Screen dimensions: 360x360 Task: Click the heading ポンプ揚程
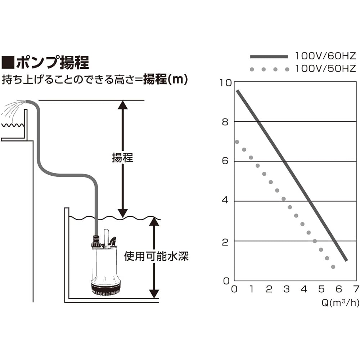52,63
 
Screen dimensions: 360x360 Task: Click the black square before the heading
8,63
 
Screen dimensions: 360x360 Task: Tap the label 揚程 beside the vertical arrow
122,158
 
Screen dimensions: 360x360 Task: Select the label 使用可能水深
156,256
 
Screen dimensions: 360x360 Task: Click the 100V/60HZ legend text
325,56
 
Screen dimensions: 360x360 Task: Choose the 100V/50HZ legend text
325,68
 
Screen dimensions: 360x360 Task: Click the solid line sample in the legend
269,57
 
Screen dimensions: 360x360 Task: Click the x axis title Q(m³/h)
340,303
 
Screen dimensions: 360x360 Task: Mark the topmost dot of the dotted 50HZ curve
237,142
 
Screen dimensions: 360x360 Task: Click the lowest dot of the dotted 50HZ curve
333,267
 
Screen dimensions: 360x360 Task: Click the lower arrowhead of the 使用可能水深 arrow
154,293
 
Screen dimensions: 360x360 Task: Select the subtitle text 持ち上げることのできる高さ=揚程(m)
95,79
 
